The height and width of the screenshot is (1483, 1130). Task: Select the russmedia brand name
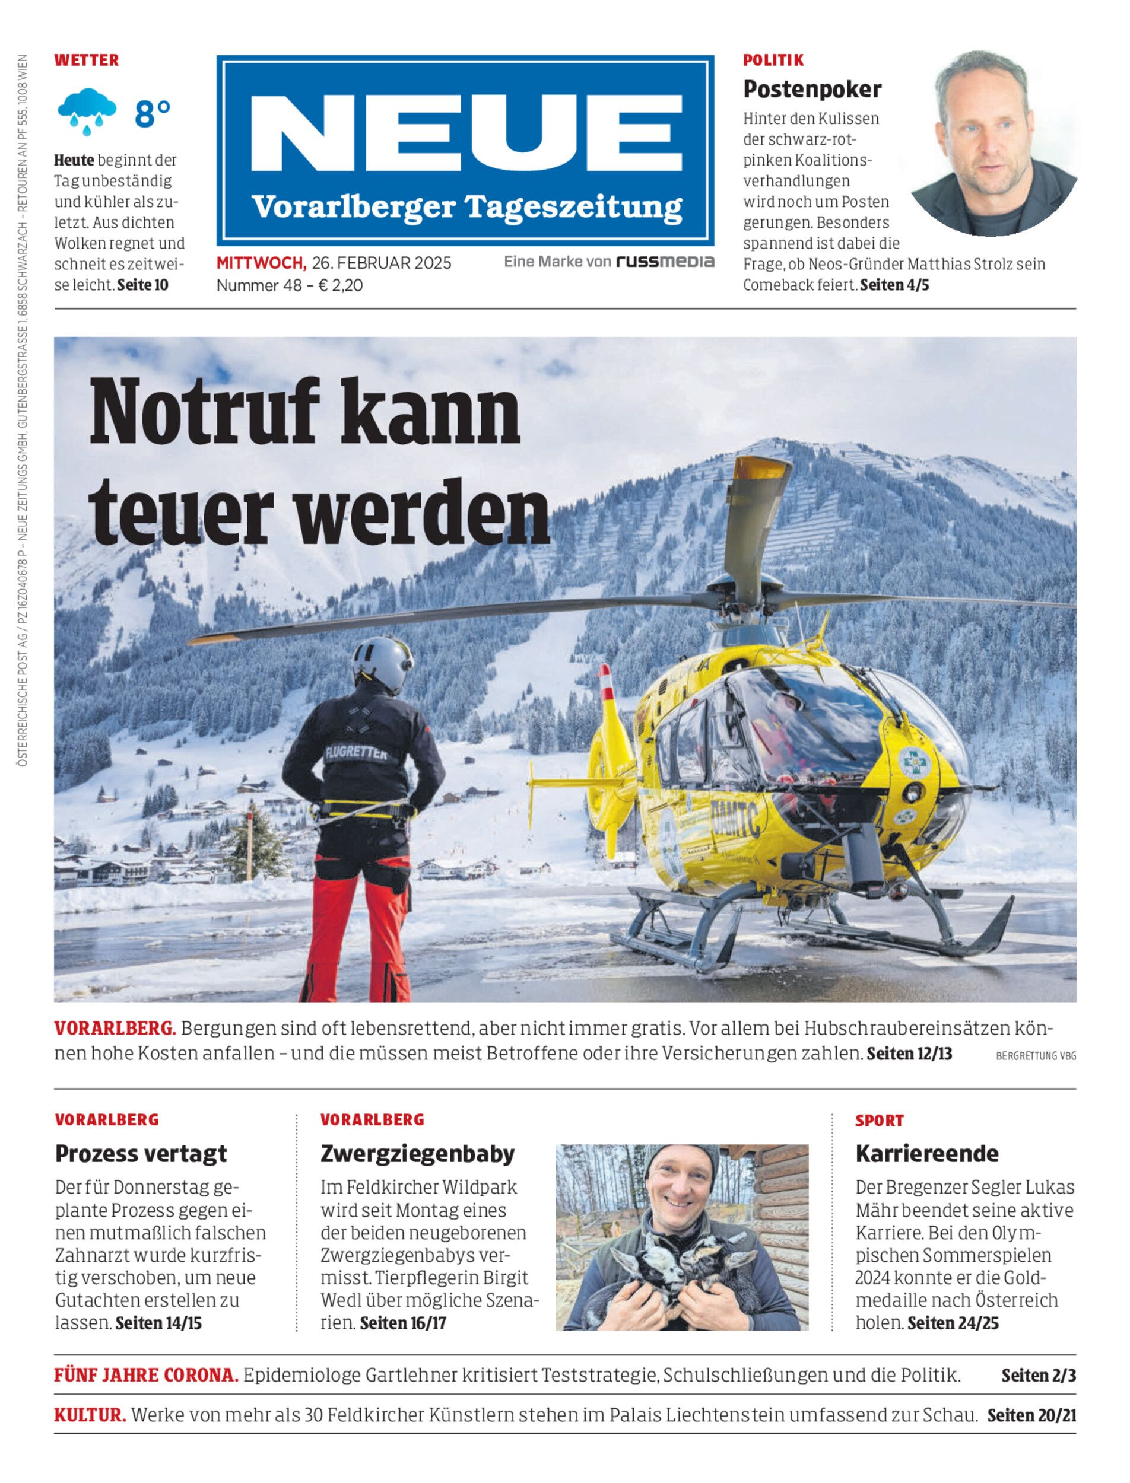pos(665,262)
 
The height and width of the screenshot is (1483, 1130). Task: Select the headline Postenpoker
pos(812,89)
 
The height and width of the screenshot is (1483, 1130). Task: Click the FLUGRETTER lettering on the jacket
pos(356,753)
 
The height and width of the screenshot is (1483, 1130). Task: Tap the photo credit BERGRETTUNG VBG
pos(1035,1056)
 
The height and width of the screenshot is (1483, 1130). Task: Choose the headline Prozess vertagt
pos(141,1154)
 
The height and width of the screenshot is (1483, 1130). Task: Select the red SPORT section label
pos(879,1121)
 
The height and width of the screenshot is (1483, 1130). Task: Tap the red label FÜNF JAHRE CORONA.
pos(146,1376)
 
